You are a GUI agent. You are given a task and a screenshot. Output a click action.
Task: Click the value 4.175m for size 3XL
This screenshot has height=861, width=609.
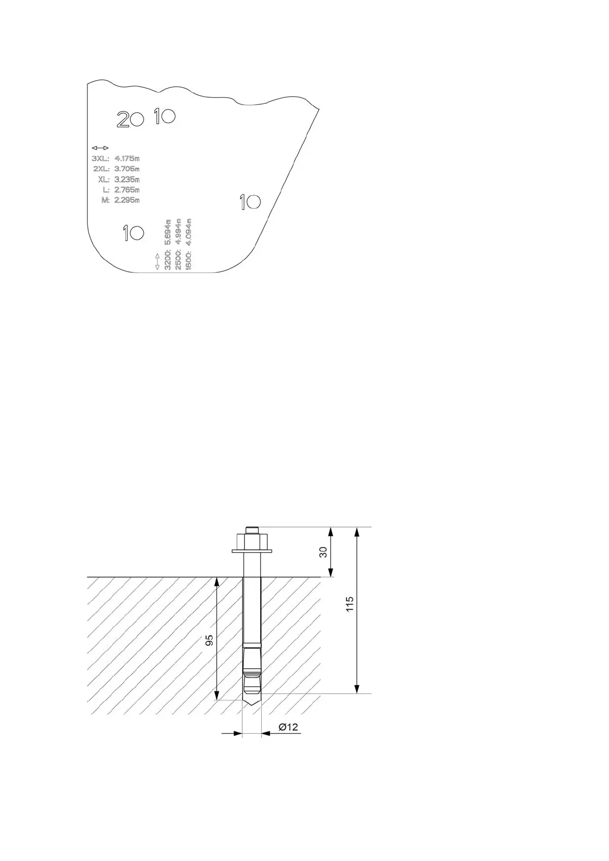[x=127, y=158]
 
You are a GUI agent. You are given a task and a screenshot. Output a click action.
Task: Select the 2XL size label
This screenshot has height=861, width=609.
[x=101, y=169]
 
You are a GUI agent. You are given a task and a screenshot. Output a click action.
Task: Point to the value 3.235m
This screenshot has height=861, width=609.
[x=127, y=179]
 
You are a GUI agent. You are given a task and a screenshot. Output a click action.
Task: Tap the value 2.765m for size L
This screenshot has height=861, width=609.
[x=127, y=190]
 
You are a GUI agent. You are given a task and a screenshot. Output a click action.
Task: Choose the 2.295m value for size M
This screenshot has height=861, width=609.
[x=127, y=200]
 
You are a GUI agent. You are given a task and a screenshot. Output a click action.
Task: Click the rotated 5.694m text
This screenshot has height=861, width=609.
[x=168, y=232]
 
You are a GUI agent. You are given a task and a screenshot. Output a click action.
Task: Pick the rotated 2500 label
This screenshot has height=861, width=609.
[x=178, y=260]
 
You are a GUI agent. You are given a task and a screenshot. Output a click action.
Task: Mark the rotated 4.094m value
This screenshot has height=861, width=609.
[x=188, y=232]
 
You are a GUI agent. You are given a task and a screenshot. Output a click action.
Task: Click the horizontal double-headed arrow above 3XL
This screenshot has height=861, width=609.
[x=100, y=148]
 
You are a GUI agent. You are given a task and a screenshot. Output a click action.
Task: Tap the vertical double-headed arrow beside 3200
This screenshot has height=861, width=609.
[x=157, y=261]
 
